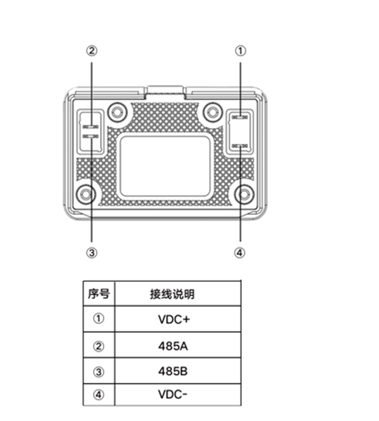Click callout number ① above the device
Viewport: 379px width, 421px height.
coord(241,51)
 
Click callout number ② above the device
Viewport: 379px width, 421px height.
coord(92,51)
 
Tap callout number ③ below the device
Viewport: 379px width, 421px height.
coord(92,253)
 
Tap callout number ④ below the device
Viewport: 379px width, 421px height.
coord(240,253)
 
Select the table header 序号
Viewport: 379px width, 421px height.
coord(98,294)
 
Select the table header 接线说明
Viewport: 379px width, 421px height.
coord(172,294)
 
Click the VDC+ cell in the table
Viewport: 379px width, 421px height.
coord(174,319)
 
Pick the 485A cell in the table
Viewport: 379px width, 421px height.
coord(173,346)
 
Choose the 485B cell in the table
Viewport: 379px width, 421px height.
coord(173,371)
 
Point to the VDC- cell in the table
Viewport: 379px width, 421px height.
coord(173,394)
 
